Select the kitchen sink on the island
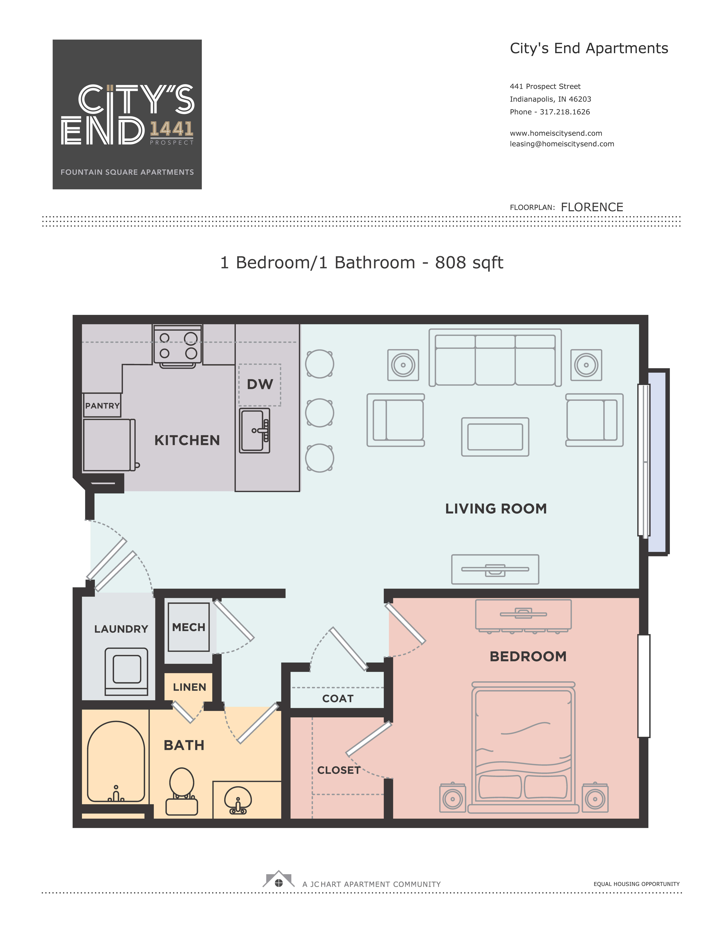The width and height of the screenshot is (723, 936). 255,430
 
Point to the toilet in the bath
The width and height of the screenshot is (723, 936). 182,791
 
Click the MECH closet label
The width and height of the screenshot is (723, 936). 189,627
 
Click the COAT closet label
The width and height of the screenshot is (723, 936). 338,699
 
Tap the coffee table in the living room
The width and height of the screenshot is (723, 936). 495,437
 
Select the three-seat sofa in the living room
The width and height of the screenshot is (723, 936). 495,357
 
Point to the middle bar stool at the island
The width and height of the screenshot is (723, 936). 320,413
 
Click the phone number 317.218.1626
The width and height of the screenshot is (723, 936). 565,112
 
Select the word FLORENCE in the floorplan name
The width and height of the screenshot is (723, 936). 592,207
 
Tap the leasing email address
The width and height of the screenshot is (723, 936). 562,144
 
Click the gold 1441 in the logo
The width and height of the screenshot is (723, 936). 171,129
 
